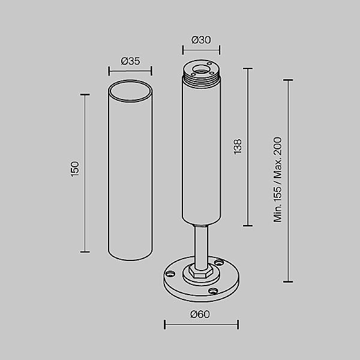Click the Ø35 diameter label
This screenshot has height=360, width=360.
[130, 61]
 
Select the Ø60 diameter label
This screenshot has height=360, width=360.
[201, 314]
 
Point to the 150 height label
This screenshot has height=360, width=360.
[75, 169]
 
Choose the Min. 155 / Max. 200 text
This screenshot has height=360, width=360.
[278, 179]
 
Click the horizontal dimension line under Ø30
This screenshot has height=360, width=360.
[201, 50]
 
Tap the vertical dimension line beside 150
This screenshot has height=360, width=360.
[85, 173]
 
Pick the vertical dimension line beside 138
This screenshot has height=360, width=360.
[247, 147]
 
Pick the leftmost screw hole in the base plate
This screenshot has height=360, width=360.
[170, 274]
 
